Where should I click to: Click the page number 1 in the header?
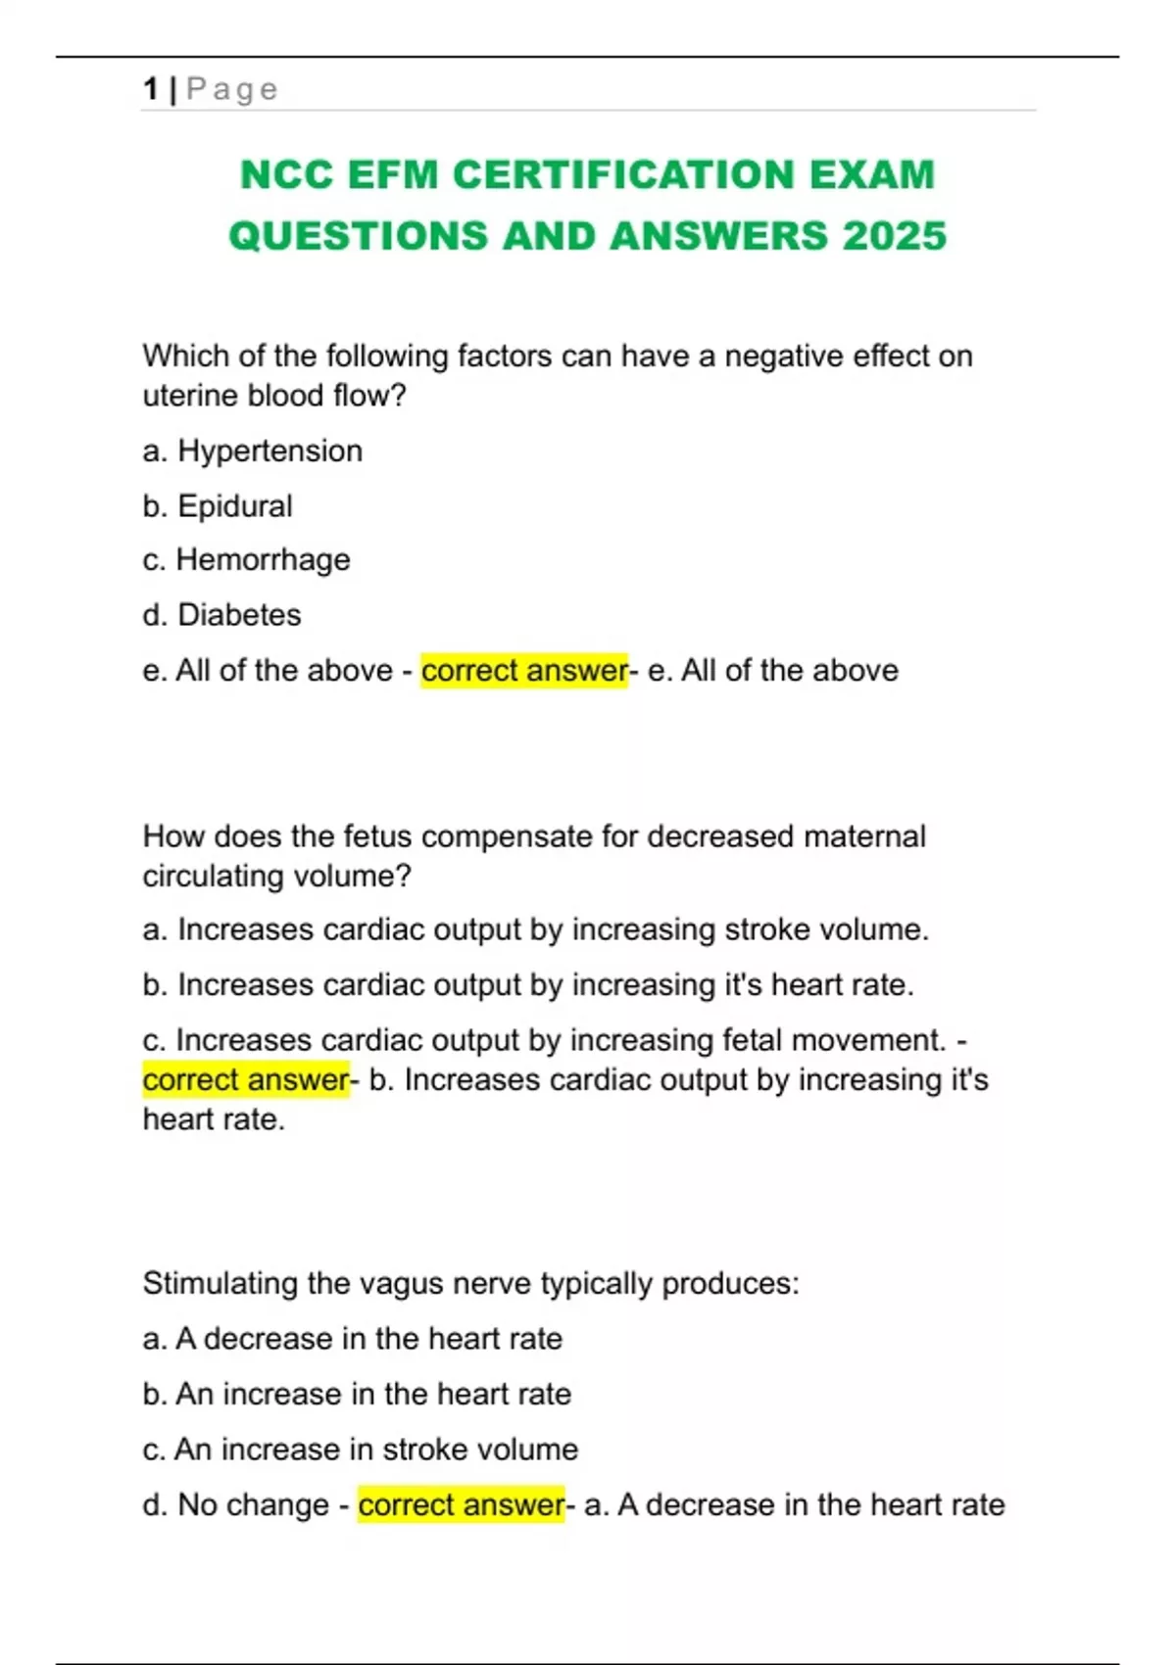(x=150, y=89)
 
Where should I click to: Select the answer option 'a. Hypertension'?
(x=253, y=451)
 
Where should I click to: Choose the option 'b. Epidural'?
(x=218, y=505)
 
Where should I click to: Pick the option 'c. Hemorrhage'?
(x=246, y=559)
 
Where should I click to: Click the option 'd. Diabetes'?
(x=221, y=614)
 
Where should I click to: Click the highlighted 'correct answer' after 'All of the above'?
(x=523, y=670)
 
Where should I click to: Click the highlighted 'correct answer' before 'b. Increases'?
(x=246, y=1079)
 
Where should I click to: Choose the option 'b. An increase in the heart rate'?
(x=357, y=1394)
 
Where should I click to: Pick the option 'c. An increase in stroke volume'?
(x=360, y=1449)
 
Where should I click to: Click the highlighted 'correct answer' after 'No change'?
(x=461, y=1504)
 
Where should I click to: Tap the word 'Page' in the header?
(x=232, y=89)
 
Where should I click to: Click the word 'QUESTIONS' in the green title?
(x=358, y=236)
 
